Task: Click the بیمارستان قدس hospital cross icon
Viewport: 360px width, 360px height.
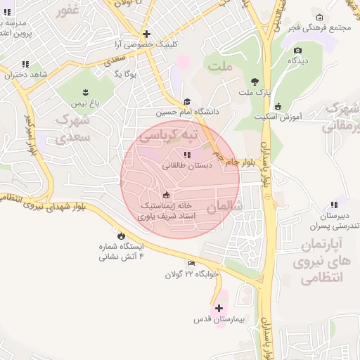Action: point(219,308)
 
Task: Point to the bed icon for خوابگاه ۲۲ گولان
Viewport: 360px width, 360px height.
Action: point(192,263)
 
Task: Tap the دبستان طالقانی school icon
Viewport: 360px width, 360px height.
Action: point(186,155)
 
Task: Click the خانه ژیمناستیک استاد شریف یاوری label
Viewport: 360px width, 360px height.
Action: point(166,211)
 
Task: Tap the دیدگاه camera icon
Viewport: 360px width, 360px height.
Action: point(298,51)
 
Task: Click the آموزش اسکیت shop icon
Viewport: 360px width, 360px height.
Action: point(278,107)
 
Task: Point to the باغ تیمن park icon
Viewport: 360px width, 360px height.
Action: point(86,92)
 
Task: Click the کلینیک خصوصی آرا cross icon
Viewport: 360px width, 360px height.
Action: point(146,34)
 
